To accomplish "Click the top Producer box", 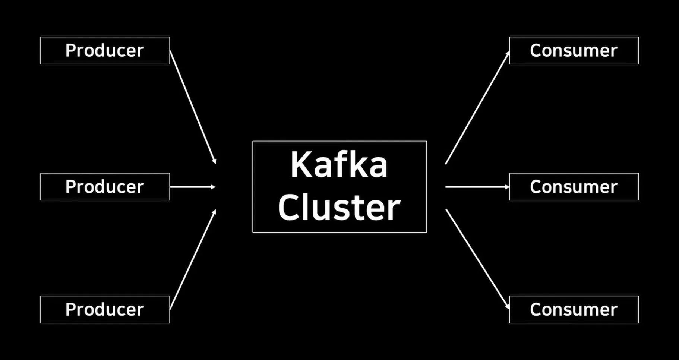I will click(105, 50).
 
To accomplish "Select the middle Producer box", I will click(105, 187).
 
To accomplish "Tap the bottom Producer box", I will click(105, 309).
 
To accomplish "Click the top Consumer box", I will click(574, 50).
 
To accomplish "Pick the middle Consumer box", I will click(574, 187).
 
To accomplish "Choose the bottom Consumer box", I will click(574, 309).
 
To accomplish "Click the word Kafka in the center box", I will click(339, 165).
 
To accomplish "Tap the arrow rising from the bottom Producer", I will click(192, 260).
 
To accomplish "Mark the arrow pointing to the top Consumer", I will click(477, 108).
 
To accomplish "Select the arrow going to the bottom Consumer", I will click(477, 259).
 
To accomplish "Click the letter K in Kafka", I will click(300, 165).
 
